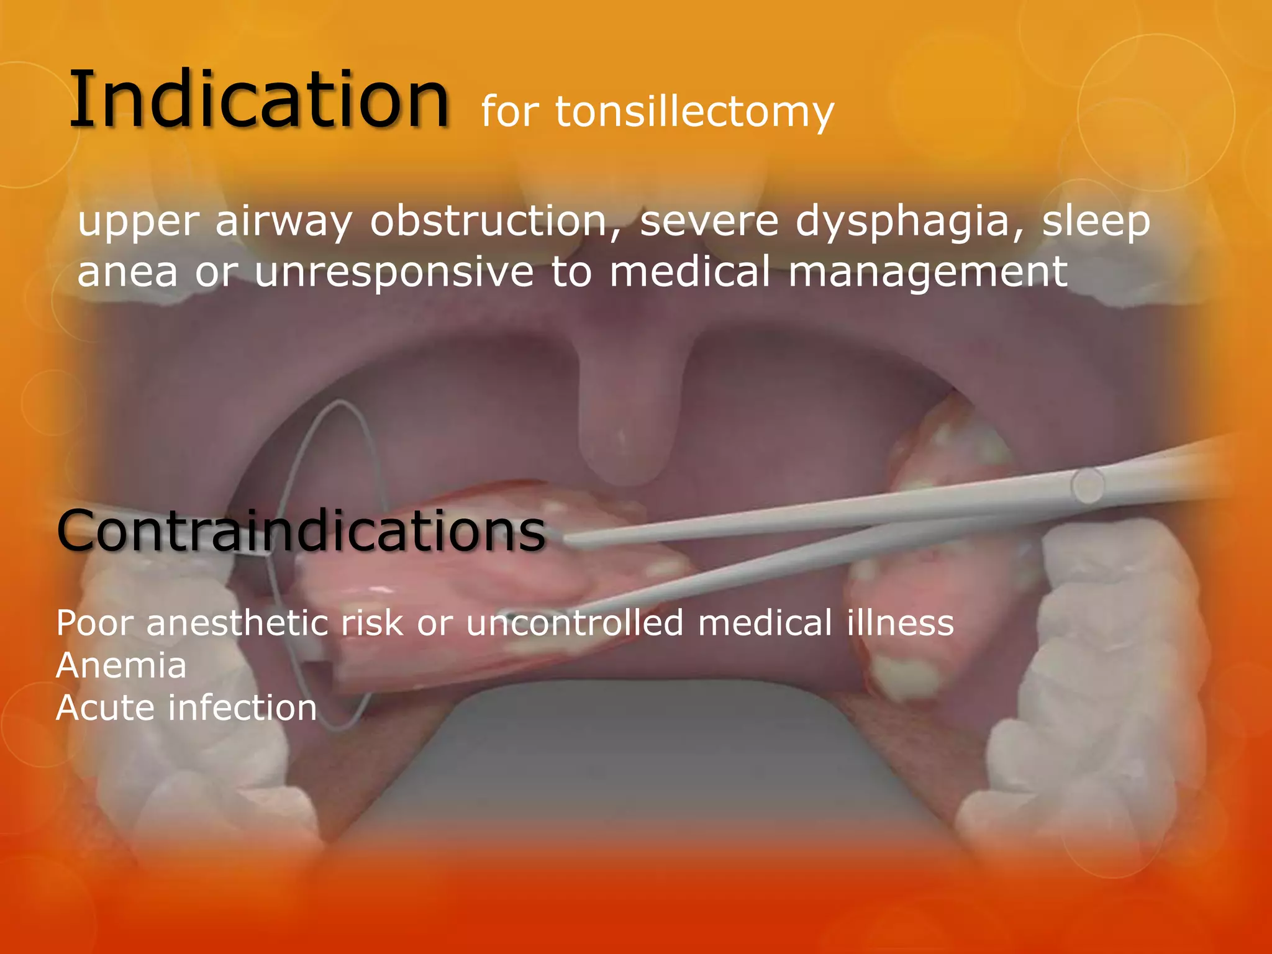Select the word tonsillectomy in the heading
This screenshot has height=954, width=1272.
coord(694,113)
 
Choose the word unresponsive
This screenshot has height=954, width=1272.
coord(394,273)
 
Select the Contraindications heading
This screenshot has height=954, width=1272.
coord(301,531)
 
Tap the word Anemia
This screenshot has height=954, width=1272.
coord(121,665)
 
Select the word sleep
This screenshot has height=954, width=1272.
coord(1096,222)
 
